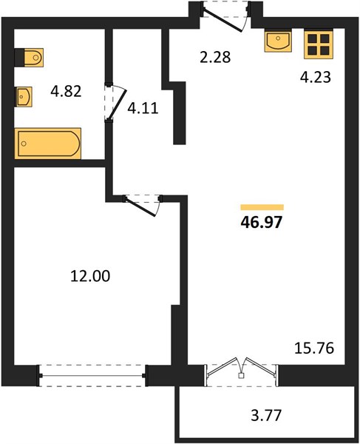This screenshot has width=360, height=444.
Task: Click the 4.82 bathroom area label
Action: (66, 91)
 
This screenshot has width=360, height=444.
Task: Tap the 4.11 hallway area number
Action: (143, 108)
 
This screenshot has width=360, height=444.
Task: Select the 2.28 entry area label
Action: (215, 57)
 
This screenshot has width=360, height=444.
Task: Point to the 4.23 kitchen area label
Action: (316, 77)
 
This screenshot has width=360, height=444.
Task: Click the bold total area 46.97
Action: (262, 222)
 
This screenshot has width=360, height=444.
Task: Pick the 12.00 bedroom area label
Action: (90, 276)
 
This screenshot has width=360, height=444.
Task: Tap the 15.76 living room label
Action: (314, 348)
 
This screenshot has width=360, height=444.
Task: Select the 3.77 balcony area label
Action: (266, 415)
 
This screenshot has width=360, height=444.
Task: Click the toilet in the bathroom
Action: (29, 58)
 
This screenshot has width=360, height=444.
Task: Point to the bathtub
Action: (48, 144)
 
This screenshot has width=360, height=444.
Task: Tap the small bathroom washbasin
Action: (23, 97)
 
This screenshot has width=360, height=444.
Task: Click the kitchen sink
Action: (278, 41)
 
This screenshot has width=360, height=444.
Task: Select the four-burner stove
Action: (319, 44)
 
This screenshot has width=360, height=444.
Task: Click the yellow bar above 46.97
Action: (262, 207)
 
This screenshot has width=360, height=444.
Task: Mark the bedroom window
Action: (92, 375)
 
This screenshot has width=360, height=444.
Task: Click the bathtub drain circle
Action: (24, 144)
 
